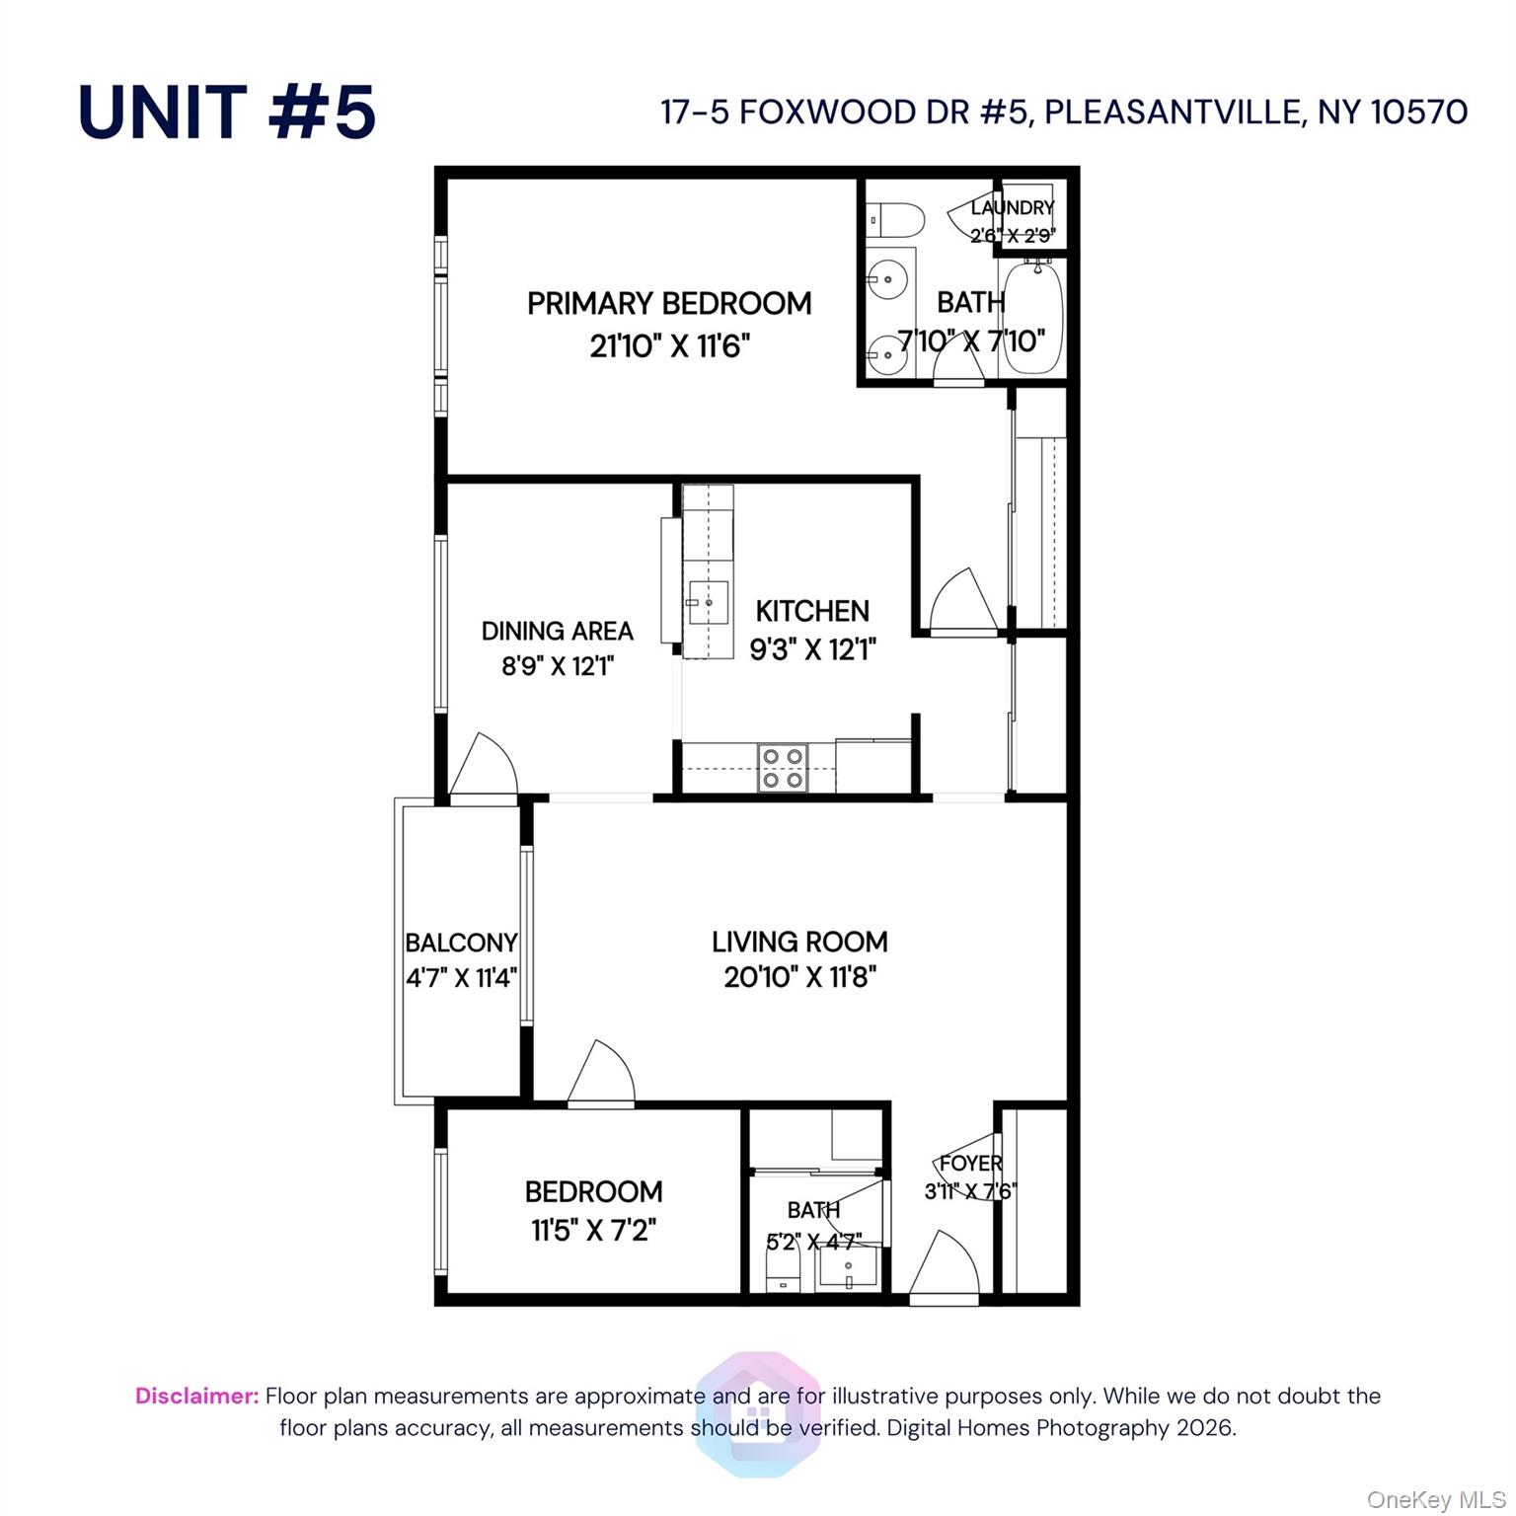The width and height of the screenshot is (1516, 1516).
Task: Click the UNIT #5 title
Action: tap(227, 112)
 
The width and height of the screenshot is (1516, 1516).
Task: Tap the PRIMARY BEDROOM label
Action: tap(669, 303)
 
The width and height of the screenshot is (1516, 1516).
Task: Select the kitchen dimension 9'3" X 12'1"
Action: tap(813, 649)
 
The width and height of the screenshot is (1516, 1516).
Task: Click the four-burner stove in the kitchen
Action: tap(783, 768)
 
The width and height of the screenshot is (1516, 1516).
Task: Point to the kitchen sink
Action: tap(708, 601)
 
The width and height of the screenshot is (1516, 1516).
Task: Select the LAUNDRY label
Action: tap(1013, 207)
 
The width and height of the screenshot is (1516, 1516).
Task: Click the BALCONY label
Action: tap(461, 943)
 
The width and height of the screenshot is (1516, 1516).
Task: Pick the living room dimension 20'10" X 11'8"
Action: tap(800, 977)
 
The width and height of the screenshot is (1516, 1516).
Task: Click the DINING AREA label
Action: tap(557, 631)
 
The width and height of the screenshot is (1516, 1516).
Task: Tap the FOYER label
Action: tap(970, 1164)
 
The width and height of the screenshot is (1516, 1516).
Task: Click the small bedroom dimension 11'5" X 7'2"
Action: tap(593, 1231)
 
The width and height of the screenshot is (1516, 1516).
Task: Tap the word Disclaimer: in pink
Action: tap(197, 1396)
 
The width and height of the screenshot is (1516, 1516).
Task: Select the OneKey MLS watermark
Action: tap(1435, 1500)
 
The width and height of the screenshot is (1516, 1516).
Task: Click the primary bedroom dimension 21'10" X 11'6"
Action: tap(670, 346)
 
